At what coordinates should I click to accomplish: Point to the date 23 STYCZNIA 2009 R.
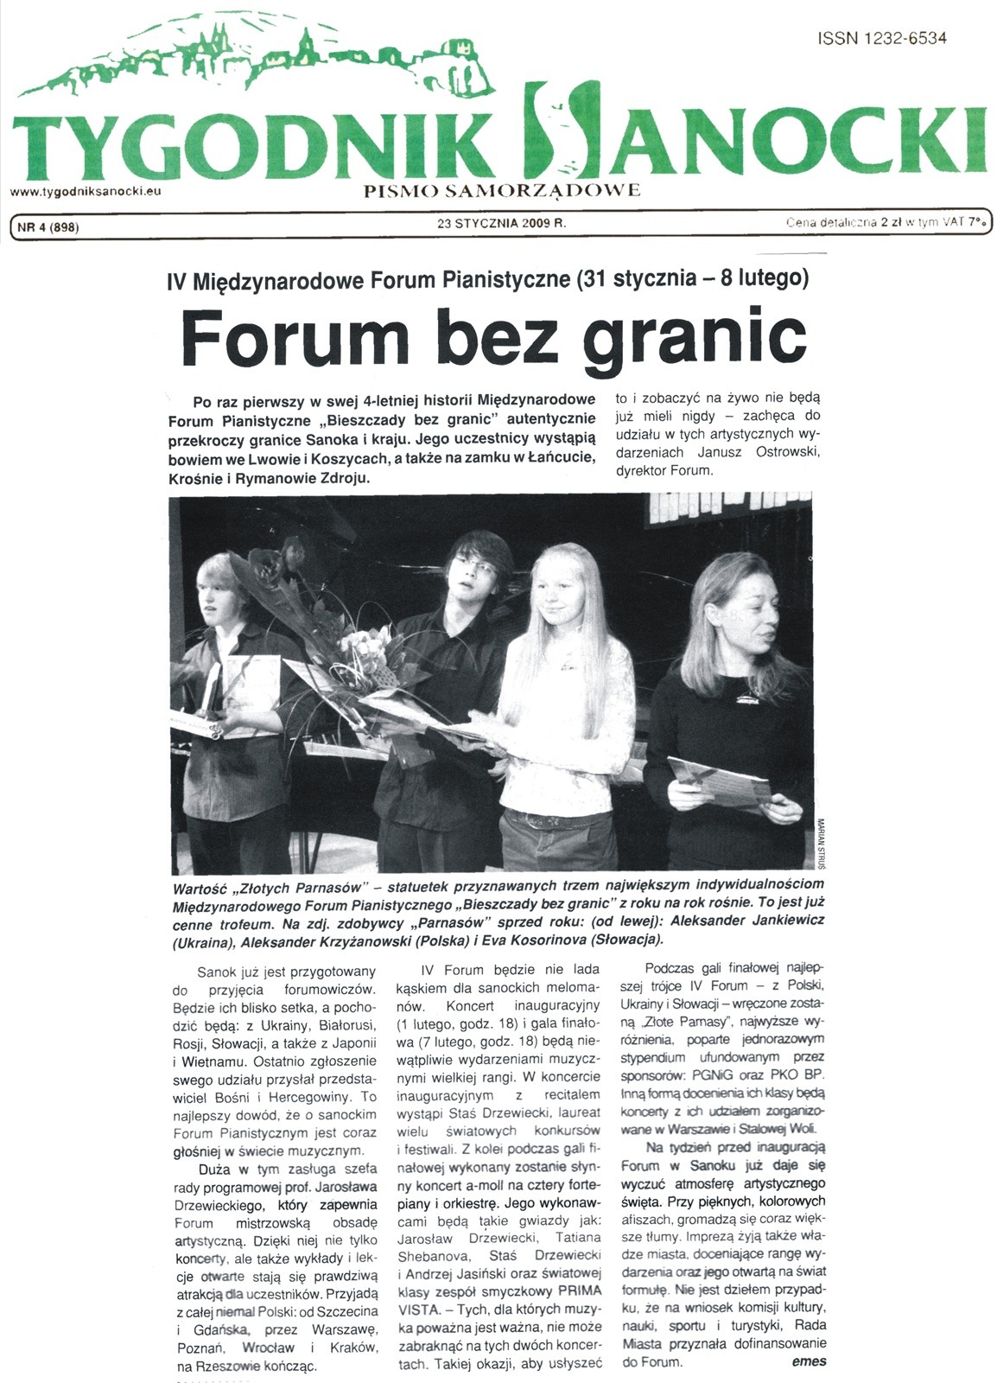click(501, 223)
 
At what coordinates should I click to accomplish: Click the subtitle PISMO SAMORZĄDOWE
click(504, 189)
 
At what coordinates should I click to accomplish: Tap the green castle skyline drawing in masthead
click(259, 61)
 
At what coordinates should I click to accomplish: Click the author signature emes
click(809, 1361)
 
